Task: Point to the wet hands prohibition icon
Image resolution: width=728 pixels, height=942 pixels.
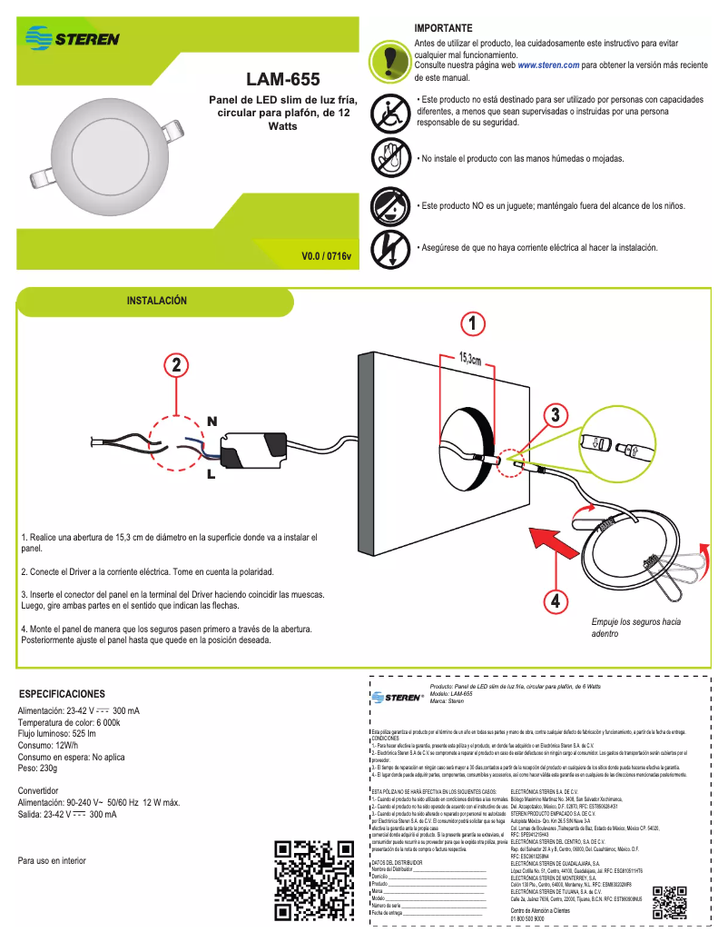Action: click(390, 158)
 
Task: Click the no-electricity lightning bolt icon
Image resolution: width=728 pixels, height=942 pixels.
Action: click(390, 247)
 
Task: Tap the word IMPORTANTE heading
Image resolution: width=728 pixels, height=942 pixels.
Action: click(443, 29)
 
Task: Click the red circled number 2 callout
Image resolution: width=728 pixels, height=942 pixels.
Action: click(177, 366)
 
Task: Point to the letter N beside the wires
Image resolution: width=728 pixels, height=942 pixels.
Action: click(212, 421)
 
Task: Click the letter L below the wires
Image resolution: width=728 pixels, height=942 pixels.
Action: click(211, 474)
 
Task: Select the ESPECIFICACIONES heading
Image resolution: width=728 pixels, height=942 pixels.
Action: click(69, 693)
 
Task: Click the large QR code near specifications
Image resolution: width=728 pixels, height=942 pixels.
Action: click(313, 879)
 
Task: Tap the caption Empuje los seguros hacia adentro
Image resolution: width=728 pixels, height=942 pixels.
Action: click(635, 628)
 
